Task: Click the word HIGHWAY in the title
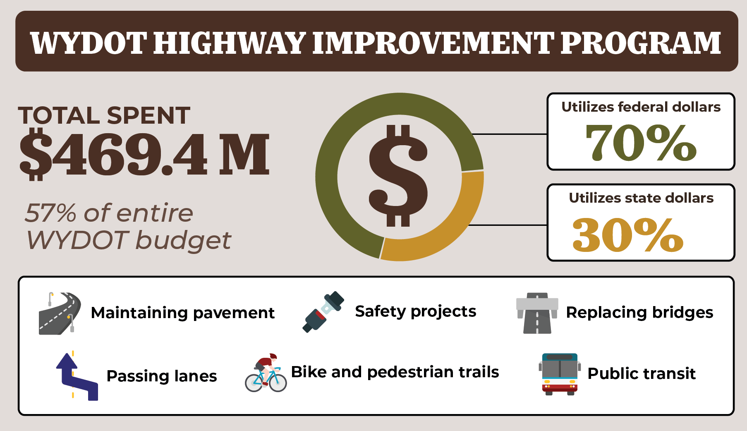point(229,43)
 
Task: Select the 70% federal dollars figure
point(641,143)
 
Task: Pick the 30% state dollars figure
point(628,235)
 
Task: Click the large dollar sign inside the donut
point(398,176)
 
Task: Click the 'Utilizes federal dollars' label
point(641,107)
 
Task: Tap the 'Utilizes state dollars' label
point(641,198)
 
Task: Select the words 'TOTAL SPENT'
point(104,115)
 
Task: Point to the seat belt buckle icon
point(323,311)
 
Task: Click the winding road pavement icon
point(60,313)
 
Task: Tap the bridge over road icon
point(537,313)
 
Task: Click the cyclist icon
point(266,373)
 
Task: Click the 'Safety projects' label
point(416,312)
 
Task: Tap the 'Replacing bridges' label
point(639,313)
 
